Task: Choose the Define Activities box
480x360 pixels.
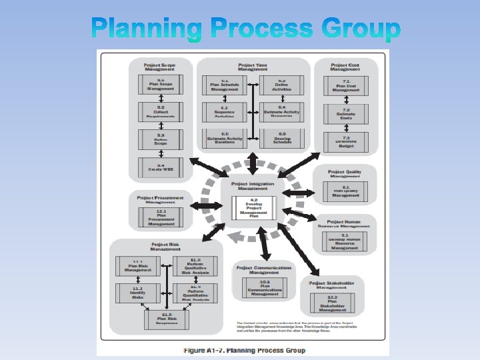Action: click(x=282, y=84)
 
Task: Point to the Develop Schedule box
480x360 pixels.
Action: click(x=282, y=139)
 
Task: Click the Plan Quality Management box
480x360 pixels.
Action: click(x=346, y=192)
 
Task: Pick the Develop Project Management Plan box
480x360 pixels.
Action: click(x=253, y=207)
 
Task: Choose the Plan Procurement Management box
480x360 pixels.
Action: click(x=161, y=217)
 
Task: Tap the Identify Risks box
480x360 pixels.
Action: click(x=137, y=293)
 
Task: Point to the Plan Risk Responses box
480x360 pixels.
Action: click(x=165, y=319)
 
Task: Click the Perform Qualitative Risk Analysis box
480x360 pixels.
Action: click(x=195, y=265)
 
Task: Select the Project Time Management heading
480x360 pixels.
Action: click(x=253, y=67)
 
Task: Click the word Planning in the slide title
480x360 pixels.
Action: click(x=147, y=29)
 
